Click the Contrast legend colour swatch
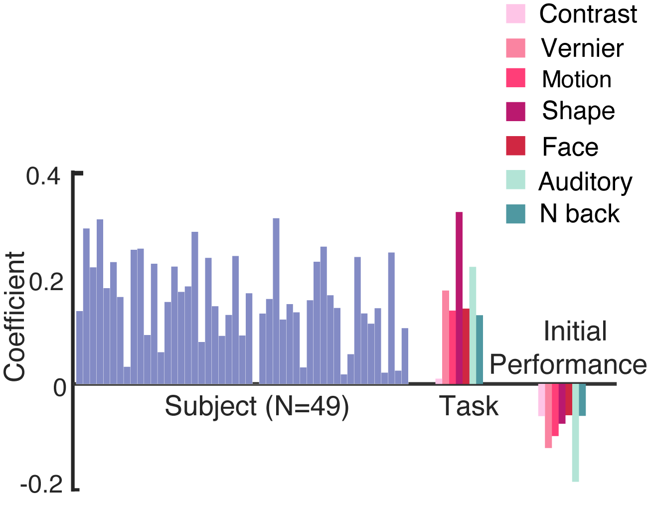click(515, 14)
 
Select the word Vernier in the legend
click(582, 48)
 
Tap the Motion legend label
click(577, 79)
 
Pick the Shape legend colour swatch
click(515, 111)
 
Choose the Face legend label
click(570, 147)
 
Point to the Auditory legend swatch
click(515, 180)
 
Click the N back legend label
click(579, 214)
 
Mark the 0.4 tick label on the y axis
click(43, 176)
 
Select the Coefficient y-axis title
click(15, 317)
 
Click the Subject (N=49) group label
click(257, 406)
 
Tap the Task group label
click(469, 406)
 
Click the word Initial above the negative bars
click(575, 331)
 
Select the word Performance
click(568, 364)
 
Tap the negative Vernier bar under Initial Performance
click(548, 416)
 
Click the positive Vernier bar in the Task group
click(446, 337)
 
